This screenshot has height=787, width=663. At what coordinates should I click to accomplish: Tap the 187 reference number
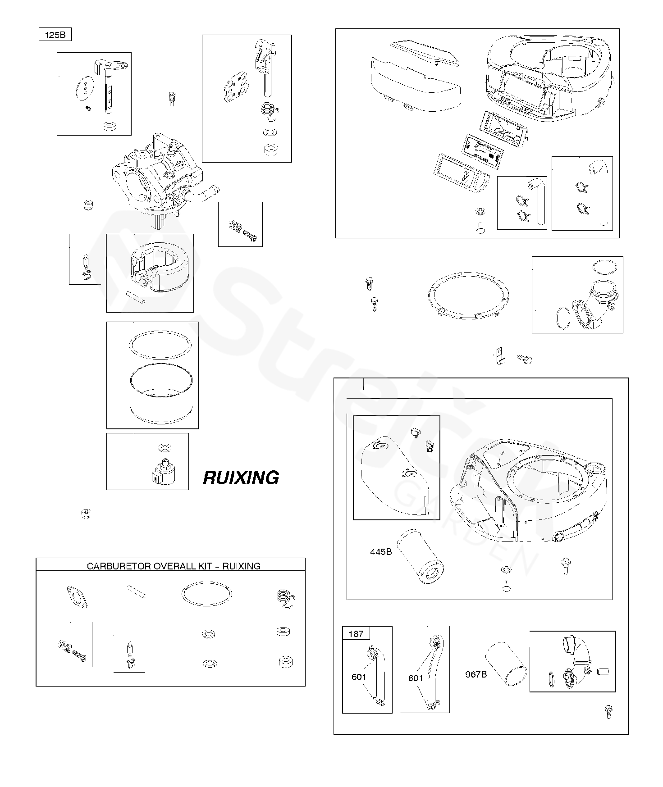coord(356,634)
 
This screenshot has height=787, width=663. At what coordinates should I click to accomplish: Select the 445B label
coord(381,552)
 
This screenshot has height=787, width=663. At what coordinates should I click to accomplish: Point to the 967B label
coord(476,674)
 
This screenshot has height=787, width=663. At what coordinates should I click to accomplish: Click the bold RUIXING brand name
coord(241,478)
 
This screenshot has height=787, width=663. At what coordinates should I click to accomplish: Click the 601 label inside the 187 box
coord(359,677)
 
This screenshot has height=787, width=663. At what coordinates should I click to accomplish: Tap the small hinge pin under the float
coord(135,297)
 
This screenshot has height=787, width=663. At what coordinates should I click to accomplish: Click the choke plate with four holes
coord(236,87)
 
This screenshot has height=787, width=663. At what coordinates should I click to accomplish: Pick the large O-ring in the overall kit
coord(207,595)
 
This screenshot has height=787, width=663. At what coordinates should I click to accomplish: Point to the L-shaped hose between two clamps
coord(540,200)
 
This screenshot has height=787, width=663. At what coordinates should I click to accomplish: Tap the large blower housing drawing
coord(529,491)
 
